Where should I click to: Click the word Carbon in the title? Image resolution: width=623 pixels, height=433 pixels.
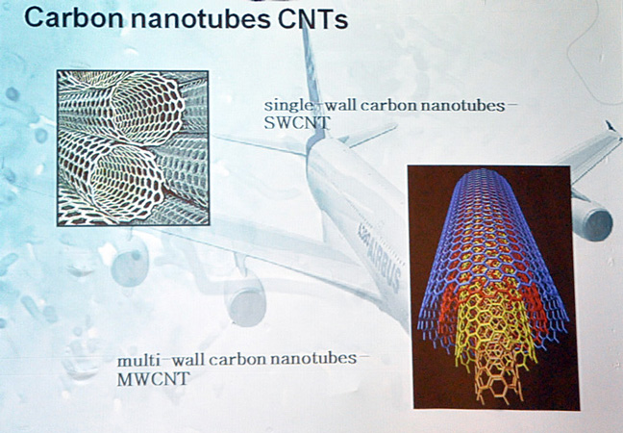(x=73, y=18)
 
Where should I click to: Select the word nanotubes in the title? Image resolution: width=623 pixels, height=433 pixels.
(x=201, y=18)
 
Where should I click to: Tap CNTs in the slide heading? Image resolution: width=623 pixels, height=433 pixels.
(x=313, y=18)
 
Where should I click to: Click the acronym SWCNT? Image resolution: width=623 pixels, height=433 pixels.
(x=297, y=122)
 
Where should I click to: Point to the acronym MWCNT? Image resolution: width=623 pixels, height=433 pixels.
(x=154, y=379)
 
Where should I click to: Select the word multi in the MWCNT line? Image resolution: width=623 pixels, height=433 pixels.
(x=139, y=361)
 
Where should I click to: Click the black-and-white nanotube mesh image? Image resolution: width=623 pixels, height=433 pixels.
(x=133, y=148)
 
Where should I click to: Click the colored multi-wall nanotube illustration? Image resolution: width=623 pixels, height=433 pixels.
(x=493, y=287)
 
